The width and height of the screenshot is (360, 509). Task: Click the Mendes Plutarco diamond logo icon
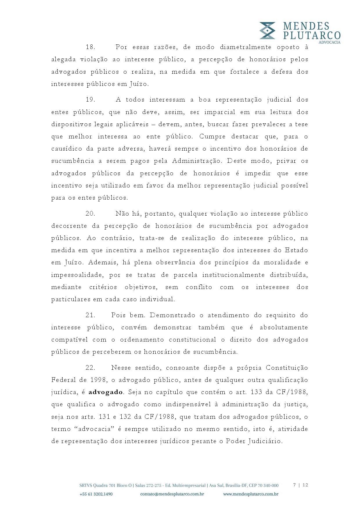(267, 30)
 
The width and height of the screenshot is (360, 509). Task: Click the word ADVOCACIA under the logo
(330, 42)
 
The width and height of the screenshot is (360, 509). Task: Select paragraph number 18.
(91, 47)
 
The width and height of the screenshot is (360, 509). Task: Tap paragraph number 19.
(91, 100)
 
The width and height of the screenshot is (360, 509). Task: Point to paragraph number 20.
(91, 214)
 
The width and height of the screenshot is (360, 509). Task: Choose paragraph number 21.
(91, 315)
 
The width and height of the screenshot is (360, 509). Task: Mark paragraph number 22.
(91, 368)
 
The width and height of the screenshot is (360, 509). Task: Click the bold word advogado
(106, 392)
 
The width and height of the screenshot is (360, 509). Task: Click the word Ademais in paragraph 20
(100, 263)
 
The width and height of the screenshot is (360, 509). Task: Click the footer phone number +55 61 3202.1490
(96, 494)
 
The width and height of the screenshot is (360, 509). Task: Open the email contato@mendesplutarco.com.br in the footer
(172, 494)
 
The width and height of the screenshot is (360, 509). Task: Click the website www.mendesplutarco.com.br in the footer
(251, 494)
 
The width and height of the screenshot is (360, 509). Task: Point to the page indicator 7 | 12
(300, 485)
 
